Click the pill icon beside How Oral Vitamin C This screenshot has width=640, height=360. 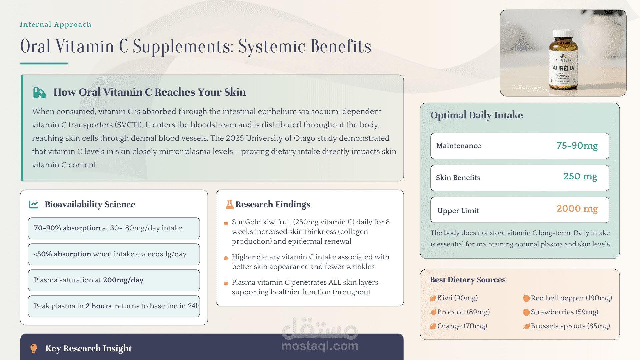39,92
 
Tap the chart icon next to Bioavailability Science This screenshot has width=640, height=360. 34,204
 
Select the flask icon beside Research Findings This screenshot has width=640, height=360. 230,204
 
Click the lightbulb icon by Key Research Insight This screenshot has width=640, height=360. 34,348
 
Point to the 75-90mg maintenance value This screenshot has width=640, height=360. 577,146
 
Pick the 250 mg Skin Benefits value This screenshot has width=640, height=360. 580,176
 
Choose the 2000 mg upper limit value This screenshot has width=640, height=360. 577,209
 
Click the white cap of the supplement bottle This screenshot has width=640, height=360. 563,34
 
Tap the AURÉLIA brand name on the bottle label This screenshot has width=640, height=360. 563,68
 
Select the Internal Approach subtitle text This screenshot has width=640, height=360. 56,24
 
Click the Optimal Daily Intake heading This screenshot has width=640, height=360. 476,115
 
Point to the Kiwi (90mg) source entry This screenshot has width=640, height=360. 457,298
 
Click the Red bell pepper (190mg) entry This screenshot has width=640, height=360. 571,298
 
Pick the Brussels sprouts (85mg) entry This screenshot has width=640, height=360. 570,326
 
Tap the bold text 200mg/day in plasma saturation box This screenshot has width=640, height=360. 123,280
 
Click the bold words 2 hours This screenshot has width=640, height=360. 98,306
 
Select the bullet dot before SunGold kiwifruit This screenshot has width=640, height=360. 226,223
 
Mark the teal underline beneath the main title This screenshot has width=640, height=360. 44,63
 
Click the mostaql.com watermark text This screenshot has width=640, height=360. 320,346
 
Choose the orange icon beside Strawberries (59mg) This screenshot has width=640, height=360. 526,312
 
